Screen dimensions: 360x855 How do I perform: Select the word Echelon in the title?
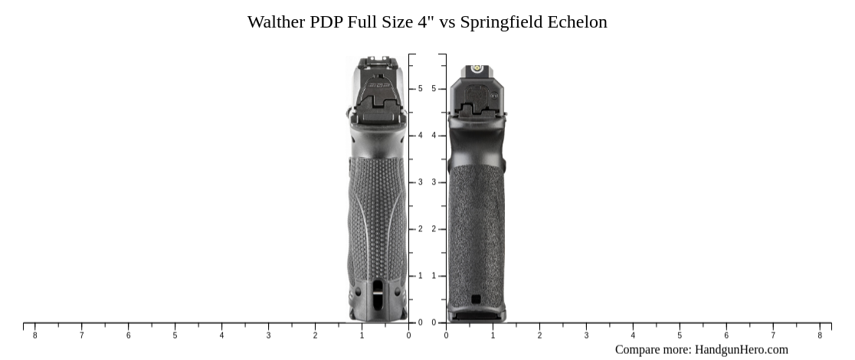click(x=577, y=22)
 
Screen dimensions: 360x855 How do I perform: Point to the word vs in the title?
click(x=447, y=22)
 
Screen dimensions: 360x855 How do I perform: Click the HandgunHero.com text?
click(x=741, y=350)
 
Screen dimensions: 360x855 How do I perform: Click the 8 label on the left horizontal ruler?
click(x=34, y=335)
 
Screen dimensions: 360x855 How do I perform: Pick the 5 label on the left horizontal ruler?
click(x=175, y=335)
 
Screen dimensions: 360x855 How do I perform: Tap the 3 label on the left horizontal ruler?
click(x=268, y=335)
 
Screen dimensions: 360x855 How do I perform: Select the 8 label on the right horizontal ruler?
click(x=820, y=335)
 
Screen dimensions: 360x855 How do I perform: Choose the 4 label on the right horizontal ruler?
click(x=633, y=335)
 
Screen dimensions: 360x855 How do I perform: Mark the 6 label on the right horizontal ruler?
click(x=726, y=335)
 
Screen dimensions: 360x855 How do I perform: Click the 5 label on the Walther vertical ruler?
click(x=420, y=89)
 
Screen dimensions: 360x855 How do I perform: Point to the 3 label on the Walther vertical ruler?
click(x=420, y=182)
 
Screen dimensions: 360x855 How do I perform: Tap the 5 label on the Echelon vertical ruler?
click(x=434, y=89)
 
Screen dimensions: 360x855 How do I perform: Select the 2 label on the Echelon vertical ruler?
click(x=434, y=229)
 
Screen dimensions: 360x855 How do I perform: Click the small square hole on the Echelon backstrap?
click(x=476, y=299)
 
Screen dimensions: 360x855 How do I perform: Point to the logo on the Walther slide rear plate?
click(x=378, y=86)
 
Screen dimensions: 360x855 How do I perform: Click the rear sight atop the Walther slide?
click(x=375, y=61)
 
